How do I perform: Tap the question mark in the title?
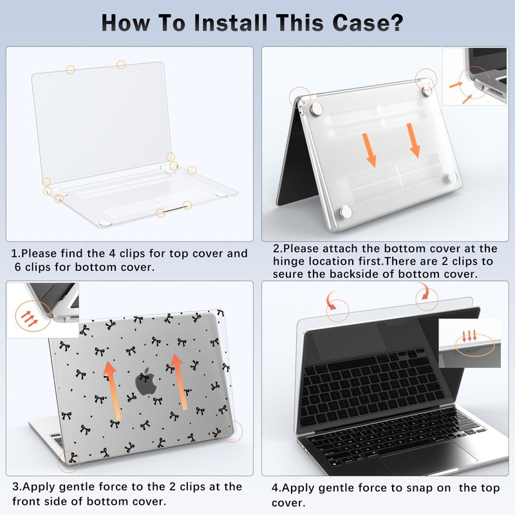397,23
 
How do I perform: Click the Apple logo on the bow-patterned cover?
146,381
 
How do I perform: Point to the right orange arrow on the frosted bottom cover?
413,140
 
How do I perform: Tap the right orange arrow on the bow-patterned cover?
178,382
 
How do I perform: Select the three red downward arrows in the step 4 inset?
470,336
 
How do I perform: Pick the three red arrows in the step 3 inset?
29,318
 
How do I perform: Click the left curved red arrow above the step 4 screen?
331,301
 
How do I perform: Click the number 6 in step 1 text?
18,267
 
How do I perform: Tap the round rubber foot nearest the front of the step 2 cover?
346,212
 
